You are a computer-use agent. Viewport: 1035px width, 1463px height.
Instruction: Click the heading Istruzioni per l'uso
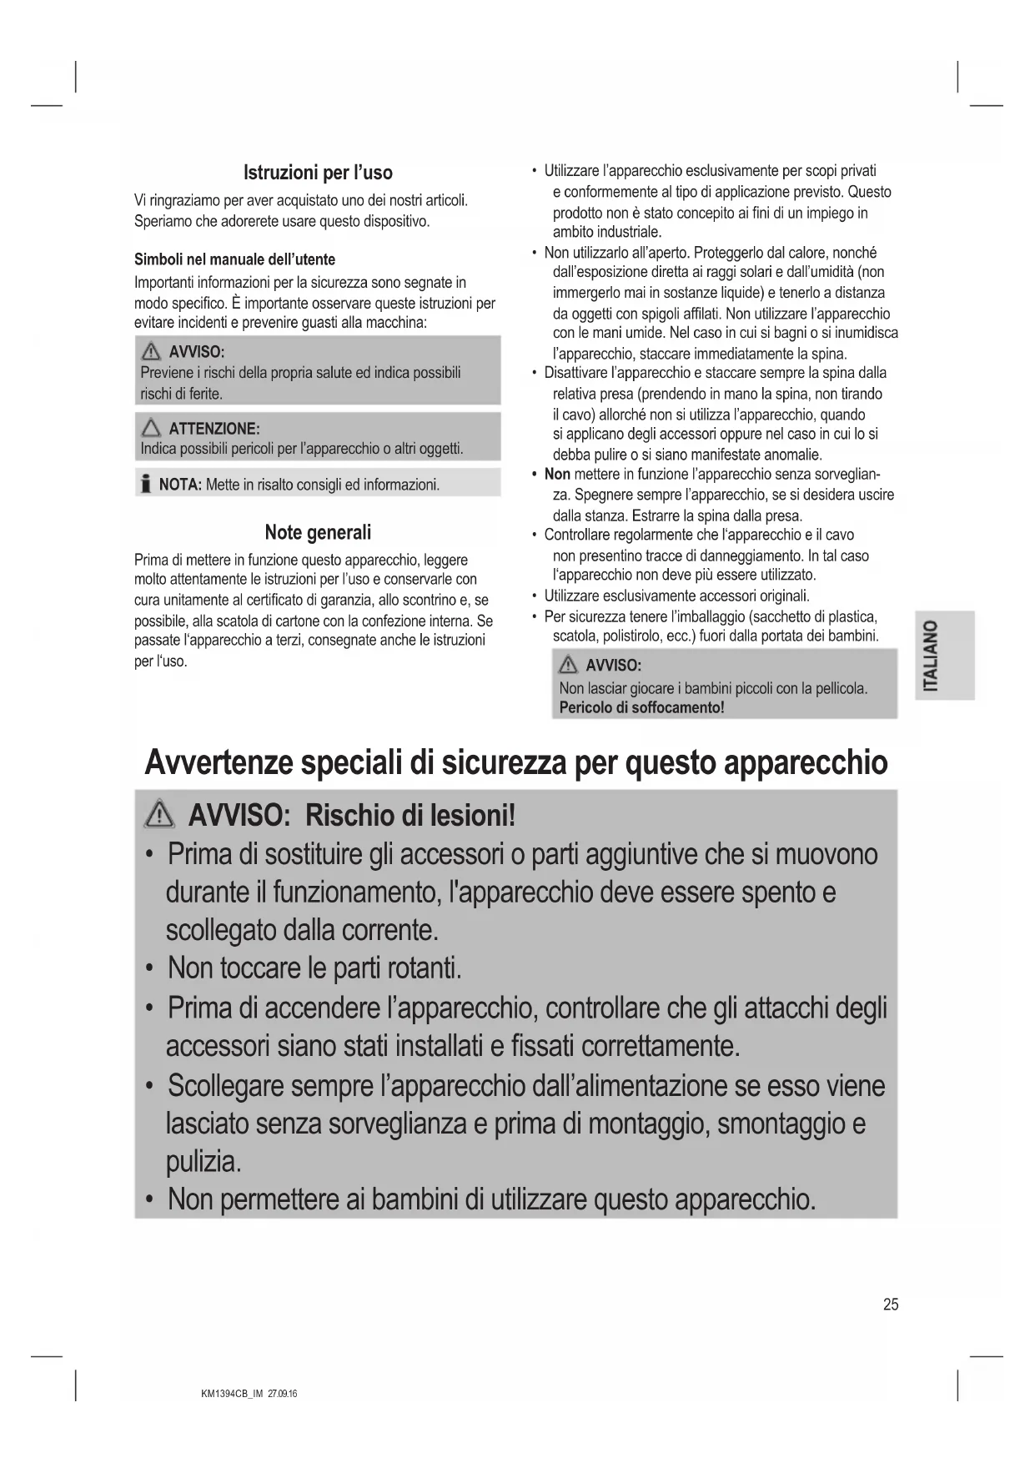pos(318,173)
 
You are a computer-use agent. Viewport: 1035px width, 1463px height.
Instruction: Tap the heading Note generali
pos(318,532)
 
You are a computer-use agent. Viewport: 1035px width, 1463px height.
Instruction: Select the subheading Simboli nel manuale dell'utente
pos(234,259)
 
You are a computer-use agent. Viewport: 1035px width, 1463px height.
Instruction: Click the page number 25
pos(891,1305)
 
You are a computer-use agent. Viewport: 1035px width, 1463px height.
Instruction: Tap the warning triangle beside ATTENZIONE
pos(151,429)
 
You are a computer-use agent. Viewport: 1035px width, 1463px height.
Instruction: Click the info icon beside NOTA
pos(145,484)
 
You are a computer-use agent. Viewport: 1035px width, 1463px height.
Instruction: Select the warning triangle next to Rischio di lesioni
pos(159,814)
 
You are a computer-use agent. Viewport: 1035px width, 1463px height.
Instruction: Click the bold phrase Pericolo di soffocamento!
pos(641,707)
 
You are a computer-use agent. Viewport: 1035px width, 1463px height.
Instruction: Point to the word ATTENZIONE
pos(214,429)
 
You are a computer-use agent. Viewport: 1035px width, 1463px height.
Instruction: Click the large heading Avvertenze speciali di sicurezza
pos(516,762)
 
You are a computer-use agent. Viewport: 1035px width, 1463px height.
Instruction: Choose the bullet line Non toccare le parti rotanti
pos(314,968)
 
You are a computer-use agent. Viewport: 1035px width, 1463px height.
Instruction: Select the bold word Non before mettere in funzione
pos(557,475)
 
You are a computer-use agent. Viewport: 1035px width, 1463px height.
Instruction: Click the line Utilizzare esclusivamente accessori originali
pos(676,596)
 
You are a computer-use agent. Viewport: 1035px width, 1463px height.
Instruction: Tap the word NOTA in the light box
pos(180,485)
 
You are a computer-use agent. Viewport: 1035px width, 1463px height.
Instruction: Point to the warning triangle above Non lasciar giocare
pos(568,665)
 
